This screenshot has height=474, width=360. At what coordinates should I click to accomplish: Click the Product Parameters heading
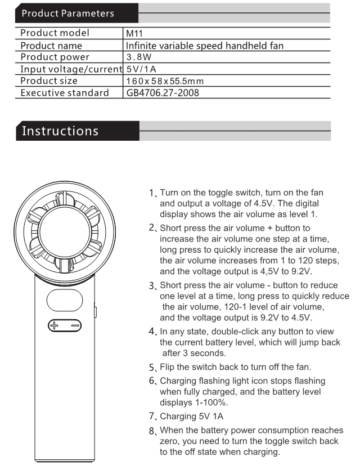67,12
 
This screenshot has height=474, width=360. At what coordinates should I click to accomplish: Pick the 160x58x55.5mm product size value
165,81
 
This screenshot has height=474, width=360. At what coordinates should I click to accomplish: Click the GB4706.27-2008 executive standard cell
162,93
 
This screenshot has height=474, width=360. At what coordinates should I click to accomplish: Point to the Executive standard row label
65,93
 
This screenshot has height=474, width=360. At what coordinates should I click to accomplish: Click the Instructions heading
60,131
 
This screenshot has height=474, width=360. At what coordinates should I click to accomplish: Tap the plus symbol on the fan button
55,325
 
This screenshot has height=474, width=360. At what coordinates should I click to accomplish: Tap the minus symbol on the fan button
75,325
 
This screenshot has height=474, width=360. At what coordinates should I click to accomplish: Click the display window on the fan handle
65,301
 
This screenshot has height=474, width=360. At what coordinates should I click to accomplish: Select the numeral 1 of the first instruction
152,194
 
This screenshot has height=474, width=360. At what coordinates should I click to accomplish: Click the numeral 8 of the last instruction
152,431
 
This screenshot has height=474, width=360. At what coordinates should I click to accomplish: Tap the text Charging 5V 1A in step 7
192,417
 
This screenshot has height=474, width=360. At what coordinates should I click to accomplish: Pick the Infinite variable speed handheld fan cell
205,46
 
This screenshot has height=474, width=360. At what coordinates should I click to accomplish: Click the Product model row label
55,34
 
